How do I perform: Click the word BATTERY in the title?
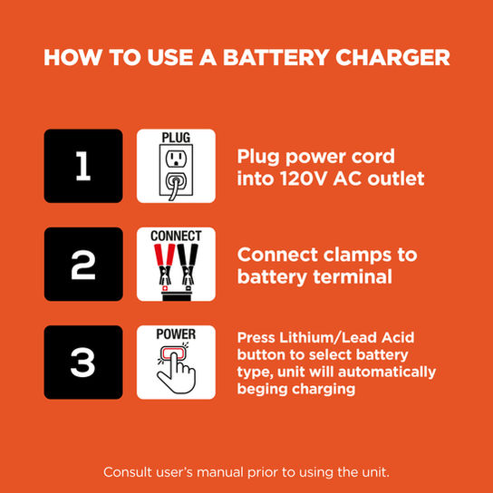pyautogui.click(x=275, y=57)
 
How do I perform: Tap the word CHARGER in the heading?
pyautogui.click(x=392, y=57)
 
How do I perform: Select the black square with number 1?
pyautogui.click(x=83, y=166)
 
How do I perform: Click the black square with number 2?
pyautogui.click(x=83, y=264)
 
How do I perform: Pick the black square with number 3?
pyautogui.click(x=83, y=362)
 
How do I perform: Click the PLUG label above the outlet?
pyautogui.click(x=176, y=138)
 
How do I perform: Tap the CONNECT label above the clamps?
pyautogui.click(x=176, y=236)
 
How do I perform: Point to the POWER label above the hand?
pyautogui.click(x=176, y=333)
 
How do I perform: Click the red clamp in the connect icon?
pyautogui.click(x=164, y=264)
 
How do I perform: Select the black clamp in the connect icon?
pyautogui.click(x=188, y=264)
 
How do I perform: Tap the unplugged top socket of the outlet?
pyautogui.click(x=176, y=159)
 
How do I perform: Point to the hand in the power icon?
pyautogui.click(x=177, y=375)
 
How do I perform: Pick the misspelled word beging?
pyautogui.click(x=263, y=390)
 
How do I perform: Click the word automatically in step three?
pyautogui.click(x=387, y=372)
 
